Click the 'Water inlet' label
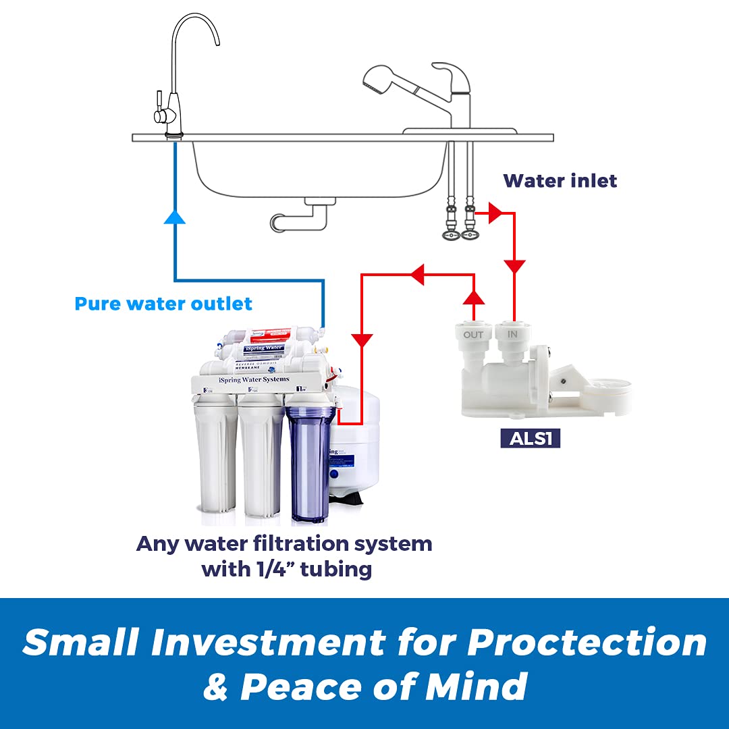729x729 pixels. pos(560,181)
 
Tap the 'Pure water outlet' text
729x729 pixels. pos(163,304)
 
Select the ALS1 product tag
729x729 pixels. pos(531,439)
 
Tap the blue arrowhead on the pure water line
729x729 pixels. pos(175,215)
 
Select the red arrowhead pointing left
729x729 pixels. pos(416,275)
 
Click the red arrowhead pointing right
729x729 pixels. pos(495,213)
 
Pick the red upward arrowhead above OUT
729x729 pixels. pos(475,296)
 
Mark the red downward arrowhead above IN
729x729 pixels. pos(515,267)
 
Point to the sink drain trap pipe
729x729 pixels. pos(297,217)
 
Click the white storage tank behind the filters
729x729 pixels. pos(361,439)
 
